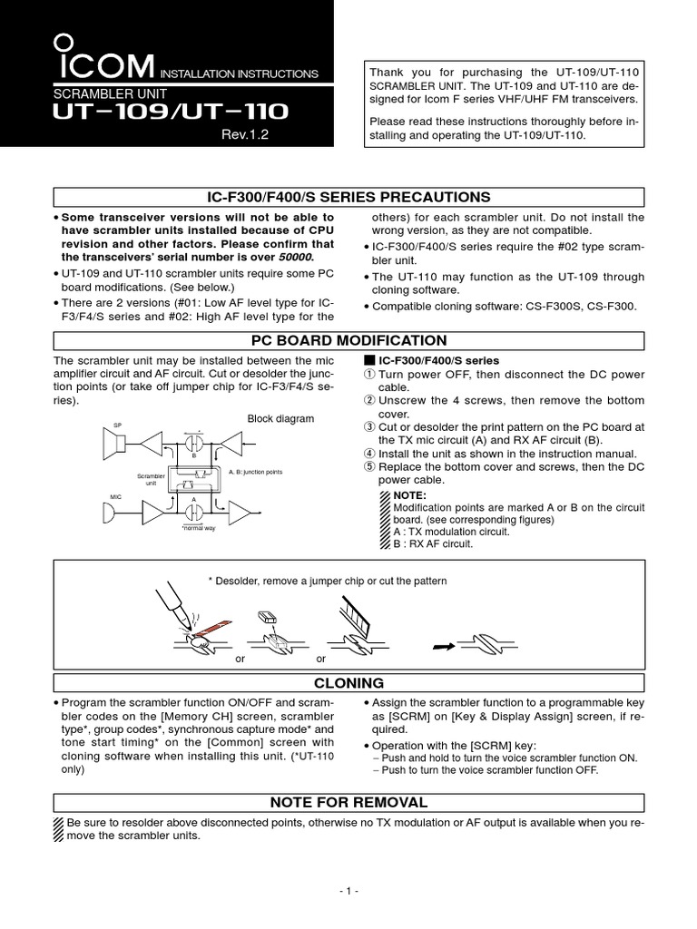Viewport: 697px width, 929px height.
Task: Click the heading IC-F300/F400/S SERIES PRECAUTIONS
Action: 348,198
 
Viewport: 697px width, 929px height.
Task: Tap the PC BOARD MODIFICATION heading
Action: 348,341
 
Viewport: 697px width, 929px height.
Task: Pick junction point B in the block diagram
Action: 193,445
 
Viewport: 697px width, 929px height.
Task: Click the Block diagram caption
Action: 280,418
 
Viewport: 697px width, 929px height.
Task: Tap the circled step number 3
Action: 370,427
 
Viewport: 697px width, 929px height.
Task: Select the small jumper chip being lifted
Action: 267,618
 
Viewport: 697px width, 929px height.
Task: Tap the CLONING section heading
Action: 348,683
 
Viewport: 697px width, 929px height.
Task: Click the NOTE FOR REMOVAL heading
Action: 348,803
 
